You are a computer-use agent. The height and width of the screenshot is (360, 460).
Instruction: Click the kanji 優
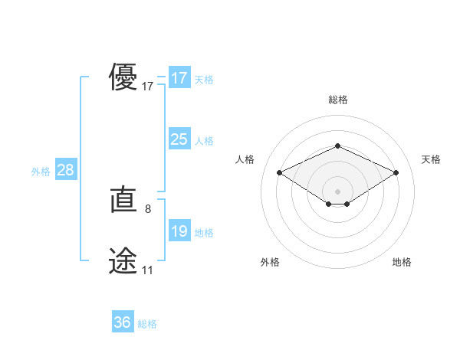(x=123, y=78)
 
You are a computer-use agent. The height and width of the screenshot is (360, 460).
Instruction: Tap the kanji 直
(x=123, y=201)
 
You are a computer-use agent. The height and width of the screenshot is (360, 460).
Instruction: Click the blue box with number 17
(x=179, y=78)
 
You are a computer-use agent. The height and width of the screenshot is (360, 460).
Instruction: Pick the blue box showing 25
(x=179, y=139)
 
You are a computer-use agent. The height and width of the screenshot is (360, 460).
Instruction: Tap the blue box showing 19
(x=179, y=231)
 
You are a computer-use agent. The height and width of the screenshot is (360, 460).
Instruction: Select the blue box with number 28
(x=65, y=170)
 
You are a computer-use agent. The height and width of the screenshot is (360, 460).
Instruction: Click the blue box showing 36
(x=123, y=323)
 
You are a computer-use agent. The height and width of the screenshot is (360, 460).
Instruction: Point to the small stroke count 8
(x=147, y=208)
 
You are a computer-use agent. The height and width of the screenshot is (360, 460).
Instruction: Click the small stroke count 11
(x=147, y=270)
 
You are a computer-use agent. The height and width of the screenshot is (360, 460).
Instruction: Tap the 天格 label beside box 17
(x=203, y=79)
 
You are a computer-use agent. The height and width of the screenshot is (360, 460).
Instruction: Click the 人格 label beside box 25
(x=203, y=140)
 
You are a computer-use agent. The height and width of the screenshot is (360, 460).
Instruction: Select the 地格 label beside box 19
(x=203, y=232)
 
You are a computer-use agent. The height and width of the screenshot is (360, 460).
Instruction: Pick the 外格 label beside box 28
(x=41, y=171)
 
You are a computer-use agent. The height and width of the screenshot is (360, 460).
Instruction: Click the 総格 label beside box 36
(x=147, y=324)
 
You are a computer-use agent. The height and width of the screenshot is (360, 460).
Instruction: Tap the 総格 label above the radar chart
(x=337, y=100)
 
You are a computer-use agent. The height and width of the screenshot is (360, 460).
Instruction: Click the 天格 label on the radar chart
(x=431, y=159)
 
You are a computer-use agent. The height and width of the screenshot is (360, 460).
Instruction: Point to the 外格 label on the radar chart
(x=270, y=262)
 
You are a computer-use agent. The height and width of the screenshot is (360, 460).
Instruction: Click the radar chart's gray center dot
(x=337, y=191)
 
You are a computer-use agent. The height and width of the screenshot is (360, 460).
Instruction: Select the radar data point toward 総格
(x=337, y=146)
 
